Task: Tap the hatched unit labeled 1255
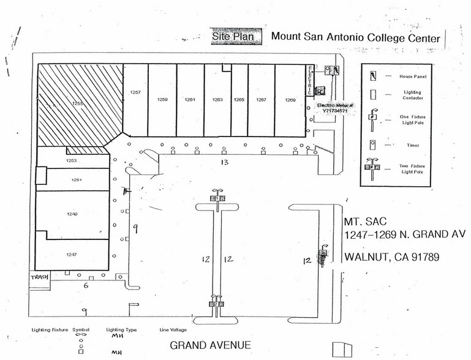click(78, 103)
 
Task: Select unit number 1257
click(135, 92)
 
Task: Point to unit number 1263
click(217, 99)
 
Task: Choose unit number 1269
click(290, 99)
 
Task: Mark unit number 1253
click(71, 160)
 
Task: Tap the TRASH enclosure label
click(39, 277)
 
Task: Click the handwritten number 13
click(224, 162)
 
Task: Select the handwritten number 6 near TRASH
click(85, 285)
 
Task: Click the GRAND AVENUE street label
click(210, 345)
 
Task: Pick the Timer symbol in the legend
click(372, 144)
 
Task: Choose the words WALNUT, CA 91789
click(391, 257)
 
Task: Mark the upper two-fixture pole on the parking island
click(217, 197)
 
